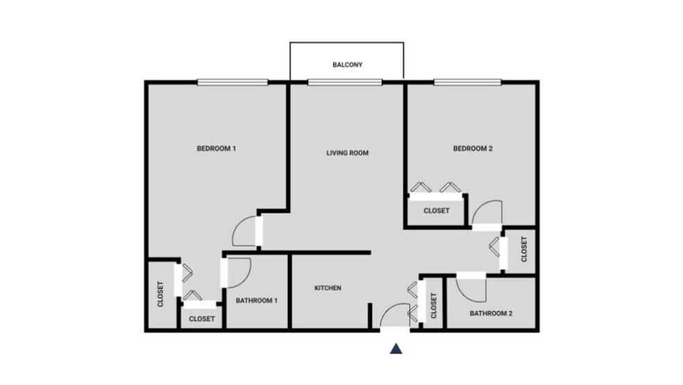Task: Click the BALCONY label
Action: pyautogui.click(x=346, y=65)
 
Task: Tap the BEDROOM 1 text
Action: pyautogui.click(x=217, y=148)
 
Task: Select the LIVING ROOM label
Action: pyautogui.click(x=347, y=153)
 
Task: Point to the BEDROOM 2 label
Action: pyautogui.click(x=473, y=148)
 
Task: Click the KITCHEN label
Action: pyautogui.click(x=328, y=288)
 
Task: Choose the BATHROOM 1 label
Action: pyautogui.click(x=256, y=301)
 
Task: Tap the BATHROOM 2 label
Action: pyautogui.click(x=491, y=313)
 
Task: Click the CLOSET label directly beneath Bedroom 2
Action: pyautogui.click(x=437, y=211)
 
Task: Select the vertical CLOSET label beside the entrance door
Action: pyautogui.click(x=434, y=306)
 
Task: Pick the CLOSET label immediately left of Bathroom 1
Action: pyautogui.click(x=202, y=319)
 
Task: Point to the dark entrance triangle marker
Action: pyautogui.click(x=396, y=349)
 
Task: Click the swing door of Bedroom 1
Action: pyautogui.click(x=246, y=231)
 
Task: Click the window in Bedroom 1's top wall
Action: pyautogui.click(x=232, y=83)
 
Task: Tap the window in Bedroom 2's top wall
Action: pyautogui.click(x=467, y=83)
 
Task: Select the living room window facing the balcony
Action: pyautogui.click(x=345, y=83)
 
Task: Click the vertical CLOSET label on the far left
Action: pyautogui.click(x=160, y=295)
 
